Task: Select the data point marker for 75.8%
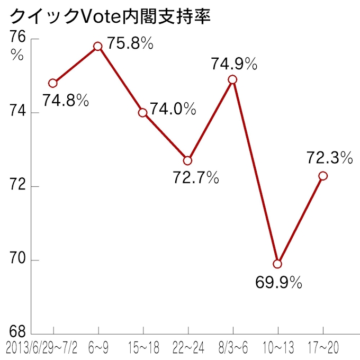pos(98,46)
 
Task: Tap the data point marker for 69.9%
pos(277,264)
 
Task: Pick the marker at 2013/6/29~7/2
pos(52,83)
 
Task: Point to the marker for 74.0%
pos(143,113)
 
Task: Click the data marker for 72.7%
pos(187,160)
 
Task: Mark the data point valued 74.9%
pos(232,79)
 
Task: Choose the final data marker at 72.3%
pos(322,176)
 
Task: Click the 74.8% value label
pos(66,101)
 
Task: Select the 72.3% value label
pos(329,157)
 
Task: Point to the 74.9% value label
pos(233,65)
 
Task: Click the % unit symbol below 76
pos(17,55)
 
